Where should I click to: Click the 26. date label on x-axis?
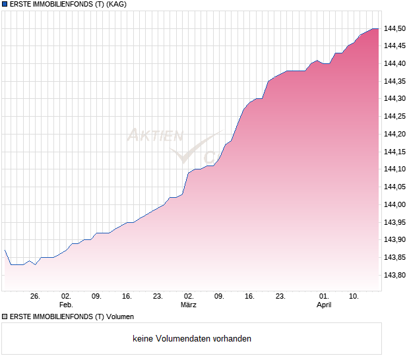[36, 296]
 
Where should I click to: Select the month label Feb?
[66, 305]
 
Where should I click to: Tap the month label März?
[189, 305]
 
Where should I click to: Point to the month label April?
[323, 305]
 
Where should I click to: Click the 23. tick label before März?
[158, 296]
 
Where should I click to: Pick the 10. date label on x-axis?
[354, 296]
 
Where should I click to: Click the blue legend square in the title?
[5, 4]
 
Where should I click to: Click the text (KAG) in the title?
[116, 4]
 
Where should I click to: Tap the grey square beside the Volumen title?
[5, 316]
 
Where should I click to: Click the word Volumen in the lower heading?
[120, 316]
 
